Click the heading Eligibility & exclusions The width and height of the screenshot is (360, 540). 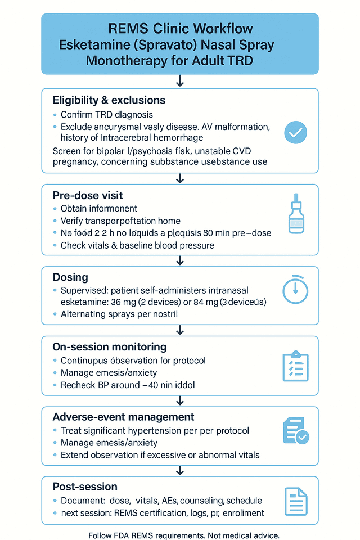coord(109,100)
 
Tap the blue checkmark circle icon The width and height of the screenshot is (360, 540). coord(295,133)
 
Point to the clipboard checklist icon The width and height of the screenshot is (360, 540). coord(295,366)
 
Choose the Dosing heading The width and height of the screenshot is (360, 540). coord(70,277)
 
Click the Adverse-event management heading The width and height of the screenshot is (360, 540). coord(123,417)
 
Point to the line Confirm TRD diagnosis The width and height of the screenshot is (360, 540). coord(107,115)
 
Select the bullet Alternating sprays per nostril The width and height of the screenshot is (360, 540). coord(119,314)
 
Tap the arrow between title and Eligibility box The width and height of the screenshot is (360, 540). coord(180,82)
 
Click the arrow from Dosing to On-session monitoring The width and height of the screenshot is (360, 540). coord(180,330)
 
